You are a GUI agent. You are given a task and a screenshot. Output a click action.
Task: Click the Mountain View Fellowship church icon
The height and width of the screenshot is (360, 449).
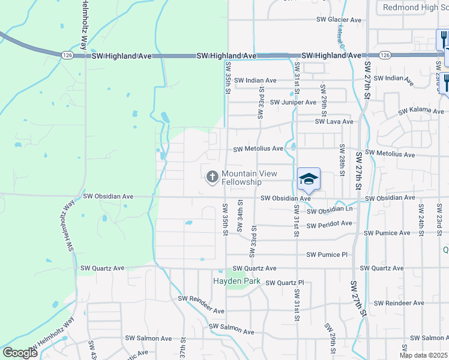(212, 177)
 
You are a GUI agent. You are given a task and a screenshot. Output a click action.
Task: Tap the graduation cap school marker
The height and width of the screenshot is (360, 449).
(309, 179)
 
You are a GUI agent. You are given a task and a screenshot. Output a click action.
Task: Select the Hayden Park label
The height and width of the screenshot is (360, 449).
(234, 281)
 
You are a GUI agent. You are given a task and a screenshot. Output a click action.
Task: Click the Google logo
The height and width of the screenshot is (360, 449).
(20, 353)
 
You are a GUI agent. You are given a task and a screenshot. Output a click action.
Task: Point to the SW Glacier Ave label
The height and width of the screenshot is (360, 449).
(339, 20)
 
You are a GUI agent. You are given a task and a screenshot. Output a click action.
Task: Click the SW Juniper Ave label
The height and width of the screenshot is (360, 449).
(293, 102)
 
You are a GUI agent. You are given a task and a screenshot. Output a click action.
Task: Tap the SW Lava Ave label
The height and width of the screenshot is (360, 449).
(334, 121)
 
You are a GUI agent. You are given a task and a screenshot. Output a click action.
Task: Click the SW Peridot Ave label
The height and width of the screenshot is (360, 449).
(329, 224)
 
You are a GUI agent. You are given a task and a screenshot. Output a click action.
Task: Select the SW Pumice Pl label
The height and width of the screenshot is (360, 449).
(327, 254)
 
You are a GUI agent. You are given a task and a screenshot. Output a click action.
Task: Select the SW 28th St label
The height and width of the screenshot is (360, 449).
(341, 157)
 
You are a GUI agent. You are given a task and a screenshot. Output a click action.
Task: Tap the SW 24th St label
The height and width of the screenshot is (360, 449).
(422, 219)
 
